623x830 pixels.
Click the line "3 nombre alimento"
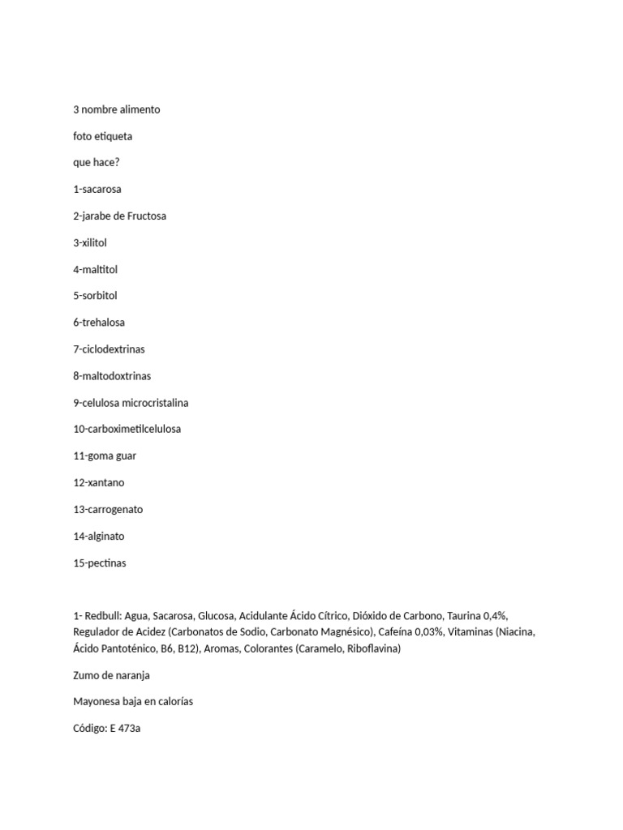[116, 109]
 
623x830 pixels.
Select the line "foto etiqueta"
[102, 136]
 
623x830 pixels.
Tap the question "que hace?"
[96, 163]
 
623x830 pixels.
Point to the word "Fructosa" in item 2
[146, 216]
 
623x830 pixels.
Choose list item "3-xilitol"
[90, 242]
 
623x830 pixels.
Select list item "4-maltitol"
[95, 269]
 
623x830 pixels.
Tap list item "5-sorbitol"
[95, 296]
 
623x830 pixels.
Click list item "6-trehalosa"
[99, 323]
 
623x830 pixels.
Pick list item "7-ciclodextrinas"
[109, 349]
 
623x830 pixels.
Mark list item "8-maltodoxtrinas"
[112, 376]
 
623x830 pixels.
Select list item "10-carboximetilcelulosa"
[127, 429]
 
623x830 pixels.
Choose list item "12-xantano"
[98, 482]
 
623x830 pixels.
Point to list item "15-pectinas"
[100, 563]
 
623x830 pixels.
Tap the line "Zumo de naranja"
[111, 675]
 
